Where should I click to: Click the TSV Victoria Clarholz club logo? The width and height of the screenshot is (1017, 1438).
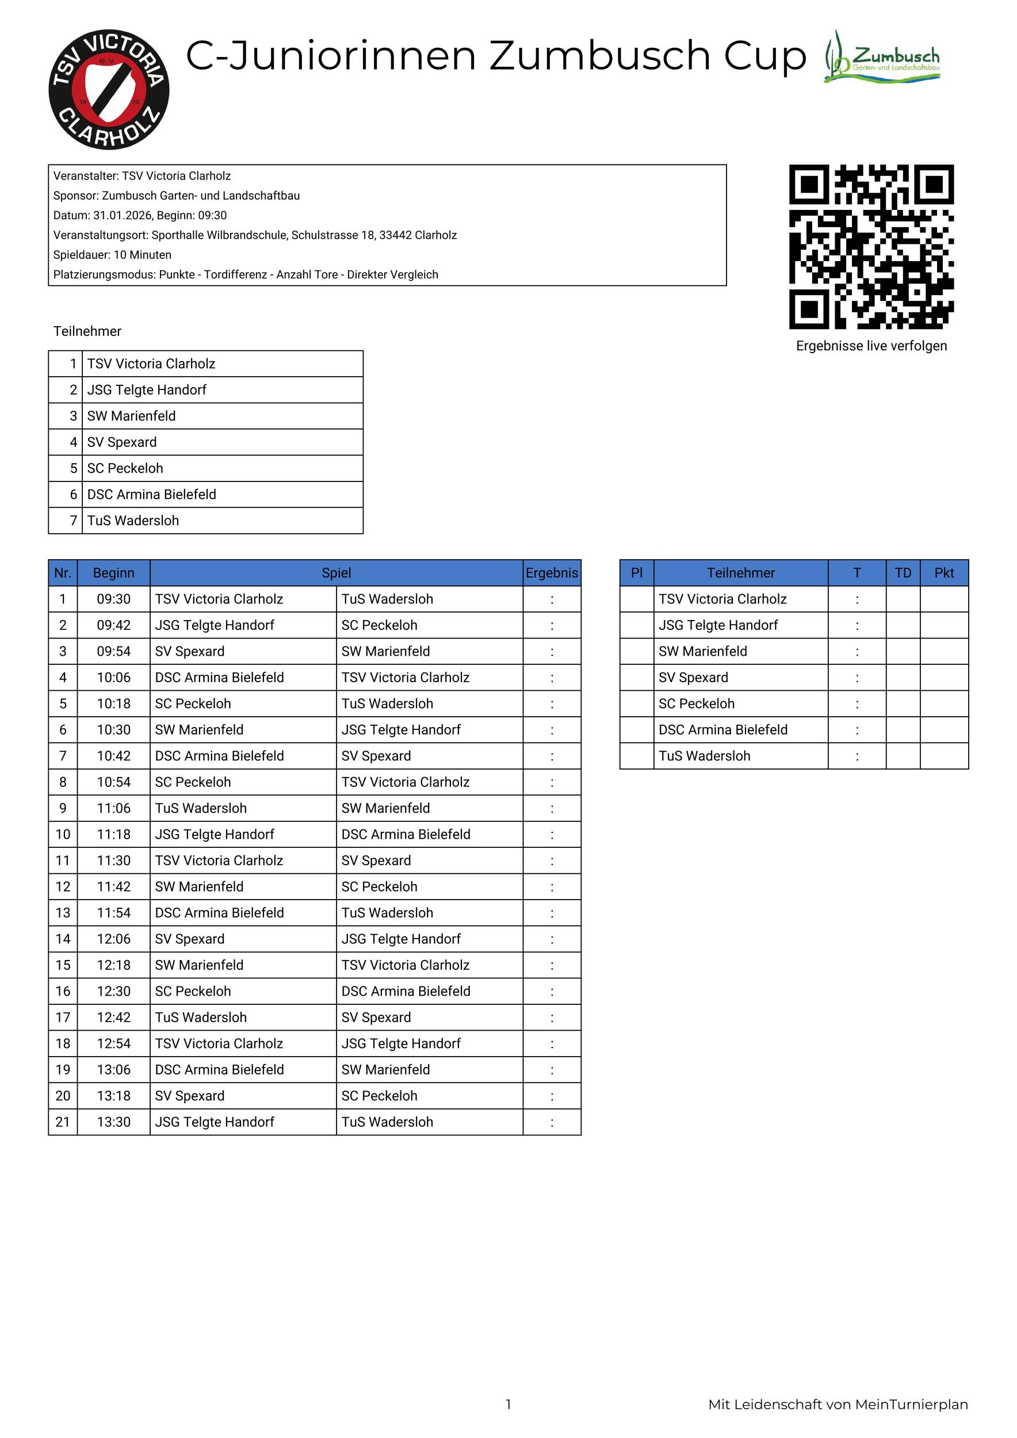click(109, 90)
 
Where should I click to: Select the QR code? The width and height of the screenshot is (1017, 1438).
click(871, 247)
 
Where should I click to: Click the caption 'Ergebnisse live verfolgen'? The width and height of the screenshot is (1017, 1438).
click(871, 346)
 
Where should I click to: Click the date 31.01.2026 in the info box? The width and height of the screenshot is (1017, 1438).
click(122, 216)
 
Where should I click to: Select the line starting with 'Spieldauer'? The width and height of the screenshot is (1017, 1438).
click(112, 255)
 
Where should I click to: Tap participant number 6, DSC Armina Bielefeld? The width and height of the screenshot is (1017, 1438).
click(151, 495)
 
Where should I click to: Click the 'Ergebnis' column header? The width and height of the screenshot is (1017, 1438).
click(552, 573)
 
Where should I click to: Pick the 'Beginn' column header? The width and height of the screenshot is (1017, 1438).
click(113, 573)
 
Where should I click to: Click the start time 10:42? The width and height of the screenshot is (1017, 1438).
click(113, 756)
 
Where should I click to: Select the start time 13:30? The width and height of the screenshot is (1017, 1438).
click(113, 1122)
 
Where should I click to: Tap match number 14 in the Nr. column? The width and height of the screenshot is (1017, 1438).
click(63, 939)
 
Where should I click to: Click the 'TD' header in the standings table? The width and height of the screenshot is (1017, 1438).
click(903, 573)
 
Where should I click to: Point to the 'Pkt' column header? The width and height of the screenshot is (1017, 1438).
click(944, 573)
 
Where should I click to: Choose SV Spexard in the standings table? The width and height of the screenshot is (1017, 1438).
click(693, 678)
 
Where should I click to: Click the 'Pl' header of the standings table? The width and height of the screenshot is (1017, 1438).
click(636, 573)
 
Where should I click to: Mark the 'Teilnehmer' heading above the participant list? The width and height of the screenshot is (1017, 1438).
click(87, 331)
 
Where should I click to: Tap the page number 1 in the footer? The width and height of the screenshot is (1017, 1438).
click(508, 1405)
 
